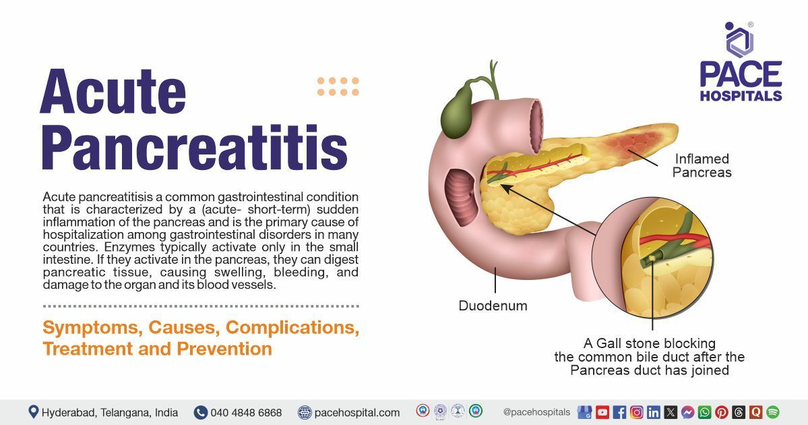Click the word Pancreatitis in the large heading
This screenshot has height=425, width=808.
[x=194, y=147]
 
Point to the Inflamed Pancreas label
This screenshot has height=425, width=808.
[x=702, y=165]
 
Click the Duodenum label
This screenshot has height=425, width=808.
[x=493, y=306]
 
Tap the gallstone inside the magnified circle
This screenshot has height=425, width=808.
[x=652, y=258]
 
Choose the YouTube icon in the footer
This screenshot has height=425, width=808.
[x=602, y=412]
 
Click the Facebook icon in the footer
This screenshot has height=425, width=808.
[x=619, y=412]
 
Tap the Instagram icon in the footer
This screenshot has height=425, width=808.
[x=636, y=412]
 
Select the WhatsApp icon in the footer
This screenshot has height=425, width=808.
[x=704, y=412]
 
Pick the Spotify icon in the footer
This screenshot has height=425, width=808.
[x=772, y=412]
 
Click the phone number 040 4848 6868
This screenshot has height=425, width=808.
[x=246, y=412]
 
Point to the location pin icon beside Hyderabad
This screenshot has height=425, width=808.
[x=34, y=412]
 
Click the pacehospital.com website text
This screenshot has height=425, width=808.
[x=357, y=412]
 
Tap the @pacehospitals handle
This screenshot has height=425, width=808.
[x=536, y=412]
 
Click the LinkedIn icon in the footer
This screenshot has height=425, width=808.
[x=653, y=412]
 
